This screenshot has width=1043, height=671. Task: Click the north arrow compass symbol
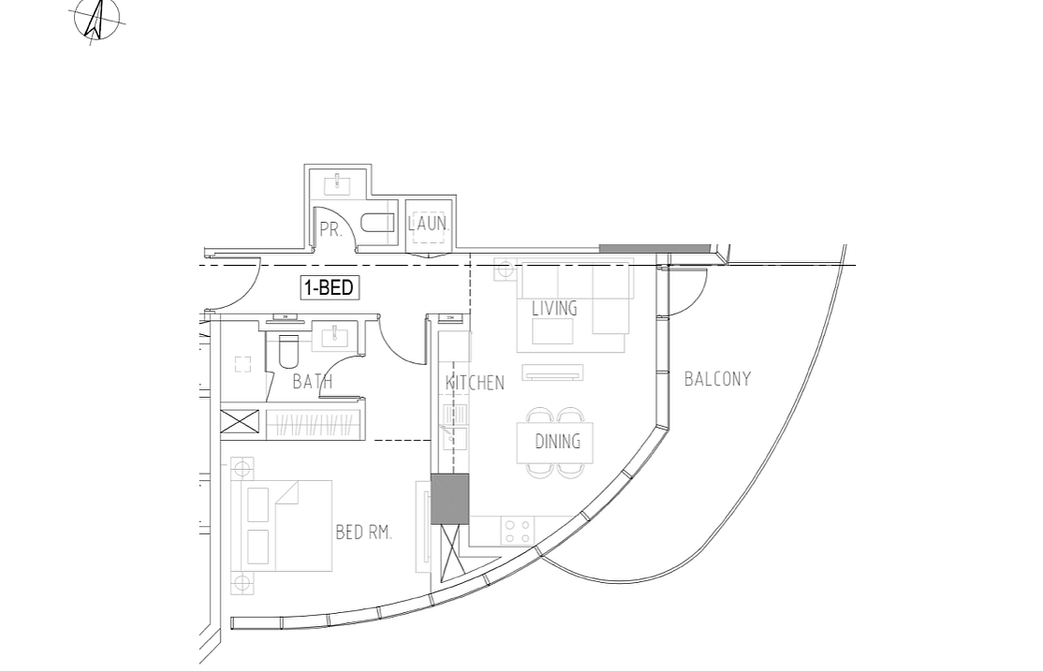tap(96, 20)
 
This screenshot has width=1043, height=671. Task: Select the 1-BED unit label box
tap(329, 287)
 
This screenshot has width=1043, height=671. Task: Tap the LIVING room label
tap(554, 308)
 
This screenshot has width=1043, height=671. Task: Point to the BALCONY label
tap(717, 379)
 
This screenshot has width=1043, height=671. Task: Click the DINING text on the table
tap(557, 442)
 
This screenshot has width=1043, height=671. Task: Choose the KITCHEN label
tap(475, 383)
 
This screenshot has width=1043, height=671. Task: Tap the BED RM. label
tap(363, 532)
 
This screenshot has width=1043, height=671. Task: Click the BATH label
tap(312, 382)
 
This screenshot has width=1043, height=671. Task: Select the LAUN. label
tap(429, 225)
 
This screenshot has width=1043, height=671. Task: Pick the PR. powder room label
tap(330, 229)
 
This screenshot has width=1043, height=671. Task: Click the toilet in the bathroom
tap(287, 351)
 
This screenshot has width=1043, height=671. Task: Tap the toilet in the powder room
tap(378, 223)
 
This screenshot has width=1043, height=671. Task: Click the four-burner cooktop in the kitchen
tap(517, 532)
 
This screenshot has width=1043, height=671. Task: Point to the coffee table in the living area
tap(552, 331)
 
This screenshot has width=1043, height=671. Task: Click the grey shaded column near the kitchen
tap(449, 498)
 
